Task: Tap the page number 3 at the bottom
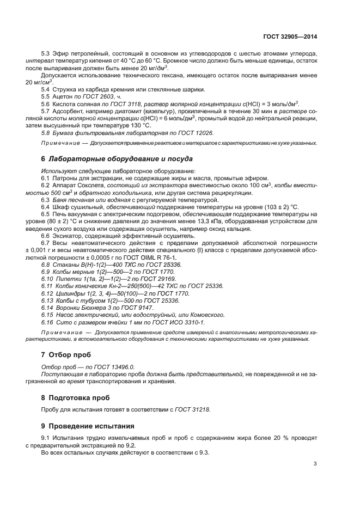(315, 463)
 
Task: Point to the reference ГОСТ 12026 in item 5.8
(164, 132)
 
